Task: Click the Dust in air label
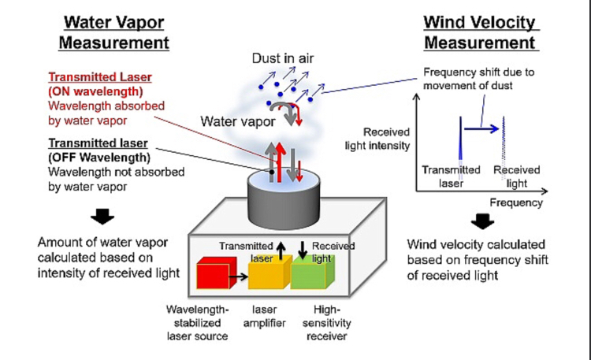[x=282, y=58]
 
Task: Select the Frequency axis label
[x=516, y=202]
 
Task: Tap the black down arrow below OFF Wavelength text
[x=102, y=216]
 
